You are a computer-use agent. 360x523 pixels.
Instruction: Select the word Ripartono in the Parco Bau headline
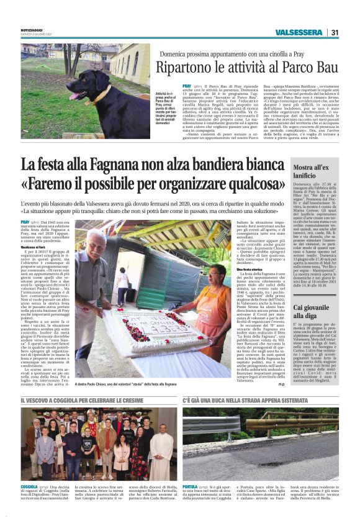click(x=186, y=67)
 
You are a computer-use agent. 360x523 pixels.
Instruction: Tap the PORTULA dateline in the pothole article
click(x=191, y=488)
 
